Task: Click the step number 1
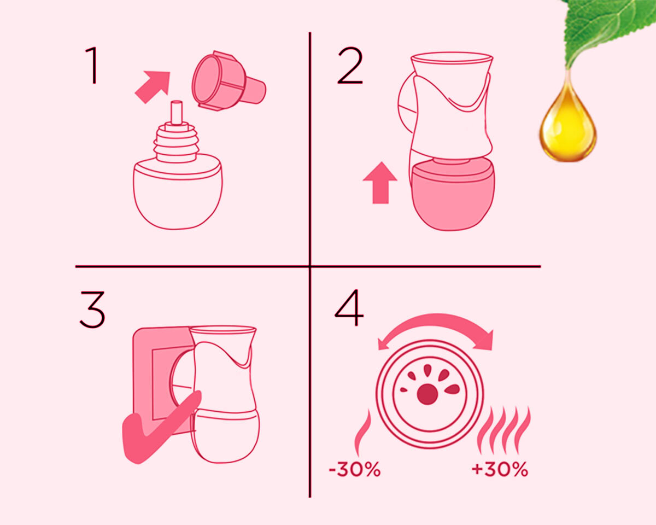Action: [x=92, y=65]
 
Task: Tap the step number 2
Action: [x=350, y=65]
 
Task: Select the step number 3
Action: [x=92, y=310]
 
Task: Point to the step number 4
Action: [x=349, y=307]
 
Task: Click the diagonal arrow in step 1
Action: [x=153, y=86]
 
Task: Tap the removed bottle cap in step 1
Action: [x=228, y=81]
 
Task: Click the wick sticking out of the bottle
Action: [x=177, y=113]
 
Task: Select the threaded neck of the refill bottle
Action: [x=177, y=142]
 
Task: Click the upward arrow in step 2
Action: [x=380, y=183]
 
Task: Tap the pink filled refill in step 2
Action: [x=452, y=195]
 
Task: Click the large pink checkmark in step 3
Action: [x=159, y=427]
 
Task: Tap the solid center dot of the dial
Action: [x=427, y=394]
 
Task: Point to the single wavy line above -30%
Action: [x=363, y=433]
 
